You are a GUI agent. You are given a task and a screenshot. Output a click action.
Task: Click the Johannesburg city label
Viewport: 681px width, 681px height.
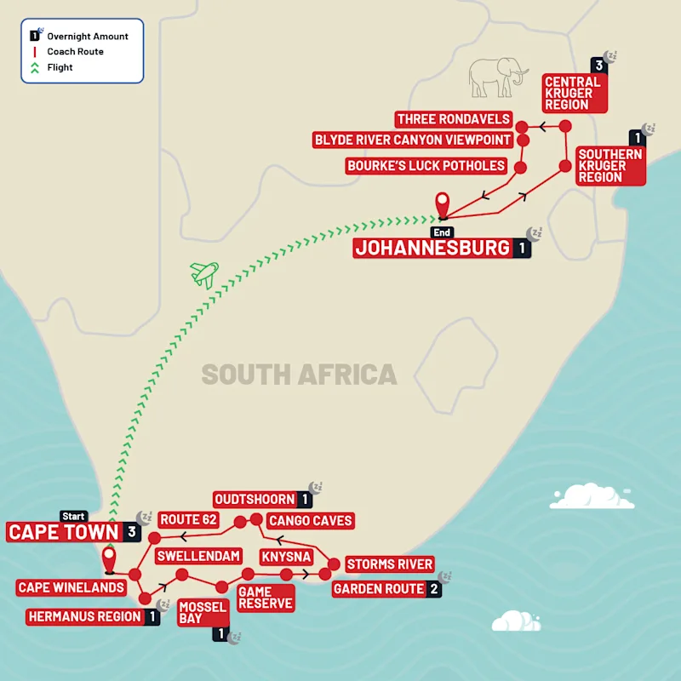(432, 249)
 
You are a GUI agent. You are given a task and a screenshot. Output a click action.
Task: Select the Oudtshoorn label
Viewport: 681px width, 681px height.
(255, 500)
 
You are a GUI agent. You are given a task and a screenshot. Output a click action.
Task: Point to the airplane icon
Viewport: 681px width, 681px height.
(203, 274)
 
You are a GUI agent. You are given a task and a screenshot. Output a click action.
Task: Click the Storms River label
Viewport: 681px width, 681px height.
(389, 564)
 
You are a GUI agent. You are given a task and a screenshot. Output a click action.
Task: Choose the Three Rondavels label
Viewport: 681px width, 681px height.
(453, 119)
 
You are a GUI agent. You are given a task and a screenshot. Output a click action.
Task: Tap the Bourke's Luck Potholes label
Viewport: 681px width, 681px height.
(426, 165)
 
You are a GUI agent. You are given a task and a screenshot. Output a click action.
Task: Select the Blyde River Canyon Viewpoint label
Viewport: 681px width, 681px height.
(412, 140)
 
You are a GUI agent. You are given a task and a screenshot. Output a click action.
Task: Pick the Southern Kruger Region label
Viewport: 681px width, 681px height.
(609, 165)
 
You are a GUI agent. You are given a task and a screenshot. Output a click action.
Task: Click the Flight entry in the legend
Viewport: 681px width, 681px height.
(60, 67)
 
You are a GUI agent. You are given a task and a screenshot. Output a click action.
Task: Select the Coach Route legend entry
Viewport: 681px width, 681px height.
(75, 52)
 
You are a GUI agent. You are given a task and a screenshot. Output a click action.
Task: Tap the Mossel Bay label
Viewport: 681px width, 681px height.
(203, 613)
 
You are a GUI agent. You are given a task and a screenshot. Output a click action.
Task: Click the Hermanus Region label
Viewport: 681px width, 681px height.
(84, 616)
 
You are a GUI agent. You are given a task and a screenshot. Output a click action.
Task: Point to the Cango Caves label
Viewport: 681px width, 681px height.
(310, 520)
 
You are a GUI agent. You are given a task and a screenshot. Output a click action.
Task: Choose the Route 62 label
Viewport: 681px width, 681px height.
(189, 519)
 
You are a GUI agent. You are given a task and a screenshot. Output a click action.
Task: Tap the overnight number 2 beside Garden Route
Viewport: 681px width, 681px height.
(435, 589)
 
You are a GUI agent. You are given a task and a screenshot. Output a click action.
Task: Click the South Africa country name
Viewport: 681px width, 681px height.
(299, 375)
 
